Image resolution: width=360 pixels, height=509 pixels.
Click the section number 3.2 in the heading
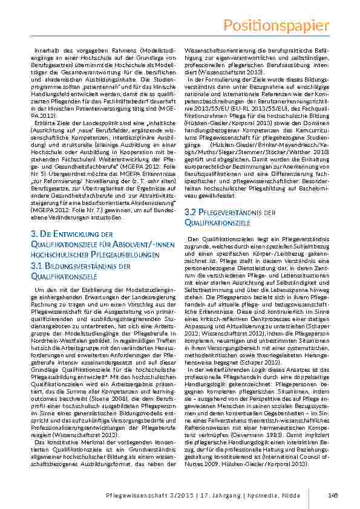click(189, 212)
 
